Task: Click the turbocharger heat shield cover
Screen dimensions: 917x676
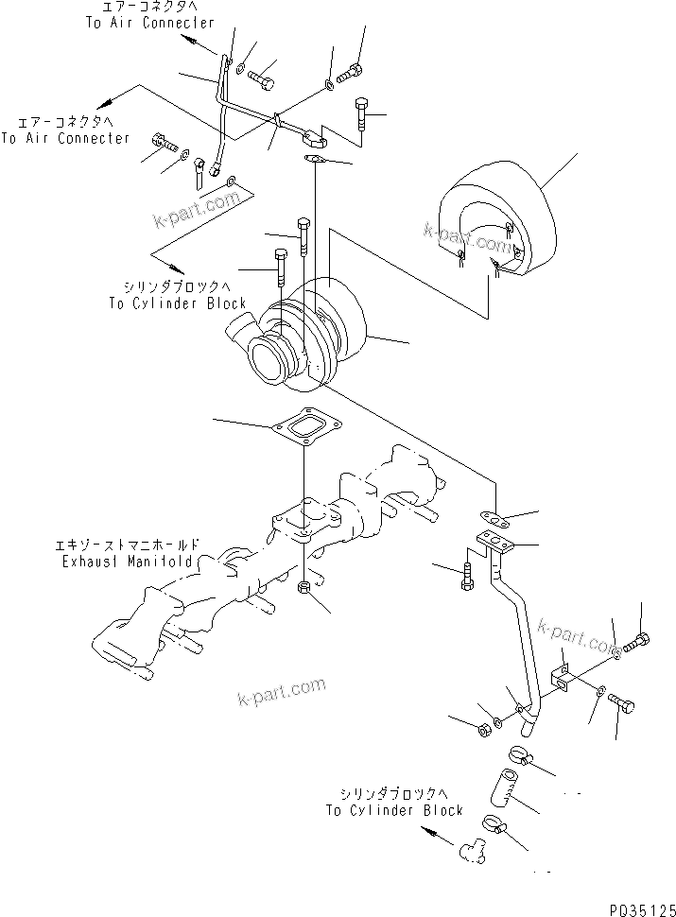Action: click(x=492, y=227)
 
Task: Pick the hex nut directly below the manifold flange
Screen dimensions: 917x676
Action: click(x=304, y=589)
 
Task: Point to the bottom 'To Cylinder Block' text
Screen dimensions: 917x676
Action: click(x=394, y=810)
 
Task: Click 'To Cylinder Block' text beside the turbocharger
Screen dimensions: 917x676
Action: click(x=177, y=303)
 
